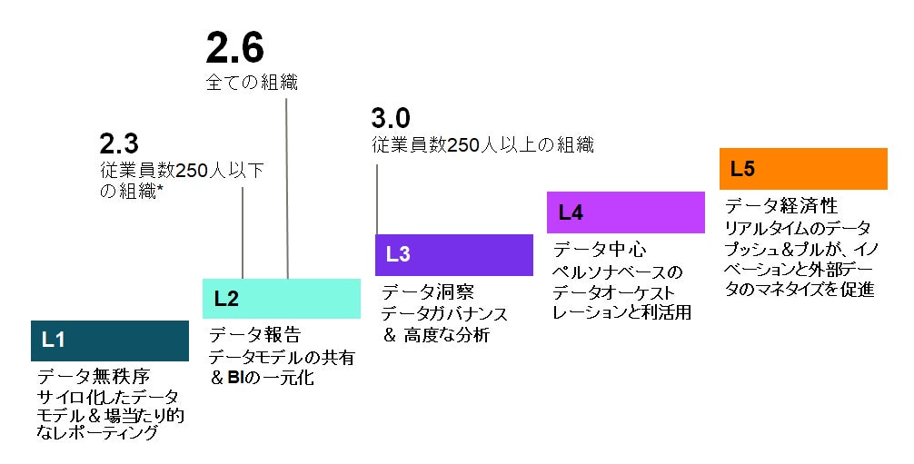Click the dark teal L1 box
110,341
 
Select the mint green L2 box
281,298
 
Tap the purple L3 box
453,254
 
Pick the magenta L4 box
625,212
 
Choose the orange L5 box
802,169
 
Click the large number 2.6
234,47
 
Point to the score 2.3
118,143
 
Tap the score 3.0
391,118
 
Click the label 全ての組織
252,82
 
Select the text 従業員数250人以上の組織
482,144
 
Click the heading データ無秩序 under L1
93,376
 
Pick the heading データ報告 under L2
254,334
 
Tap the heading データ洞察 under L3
427,292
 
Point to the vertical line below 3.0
377,200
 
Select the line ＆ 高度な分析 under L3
436,335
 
